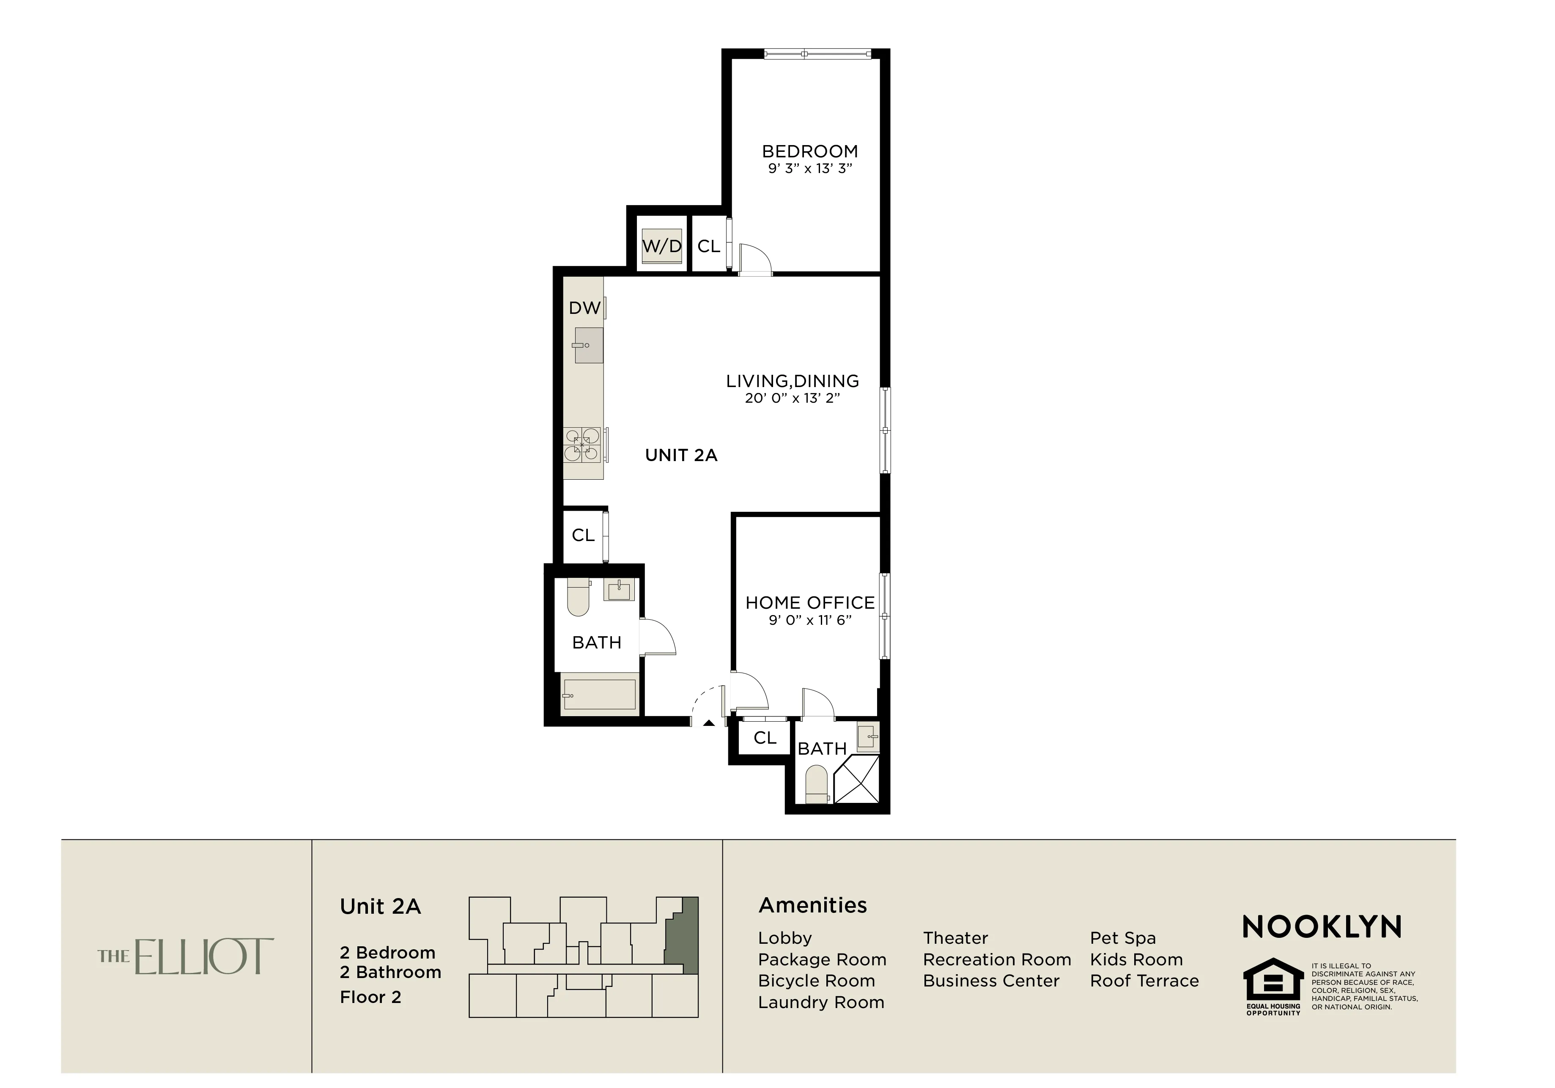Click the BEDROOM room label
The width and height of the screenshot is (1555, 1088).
click(x=809, y=152)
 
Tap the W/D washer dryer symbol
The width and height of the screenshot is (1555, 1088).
click(x=662, y=246)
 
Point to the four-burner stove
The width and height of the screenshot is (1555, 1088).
click(x=582, y=445)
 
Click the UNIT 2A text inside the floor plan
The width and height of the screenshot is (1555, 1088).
click(x=680, y=455)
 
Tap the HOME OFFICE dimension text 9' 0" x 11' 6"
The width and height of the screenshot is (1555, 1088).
click(x=809, y=620)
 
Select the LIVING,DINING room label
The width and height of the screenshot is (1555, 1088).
click(x=793, y=382)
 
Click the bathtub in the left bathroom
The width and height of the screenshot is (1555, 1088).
click(x=599, y=695)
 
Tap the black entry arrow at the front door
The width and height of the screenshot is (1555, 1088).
click(x=708, y=723)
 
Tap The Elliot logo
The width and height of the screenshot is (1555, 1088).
click(x=186, y=956)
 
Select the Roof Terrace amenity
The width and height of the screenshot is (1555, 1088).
click(x=1144, y=981)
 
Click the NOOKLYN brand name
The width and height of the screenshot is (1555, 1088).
click(x=1321, y=927)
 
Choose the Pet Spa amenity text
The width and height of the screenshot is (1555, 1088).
click(x=1122, y=938)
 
